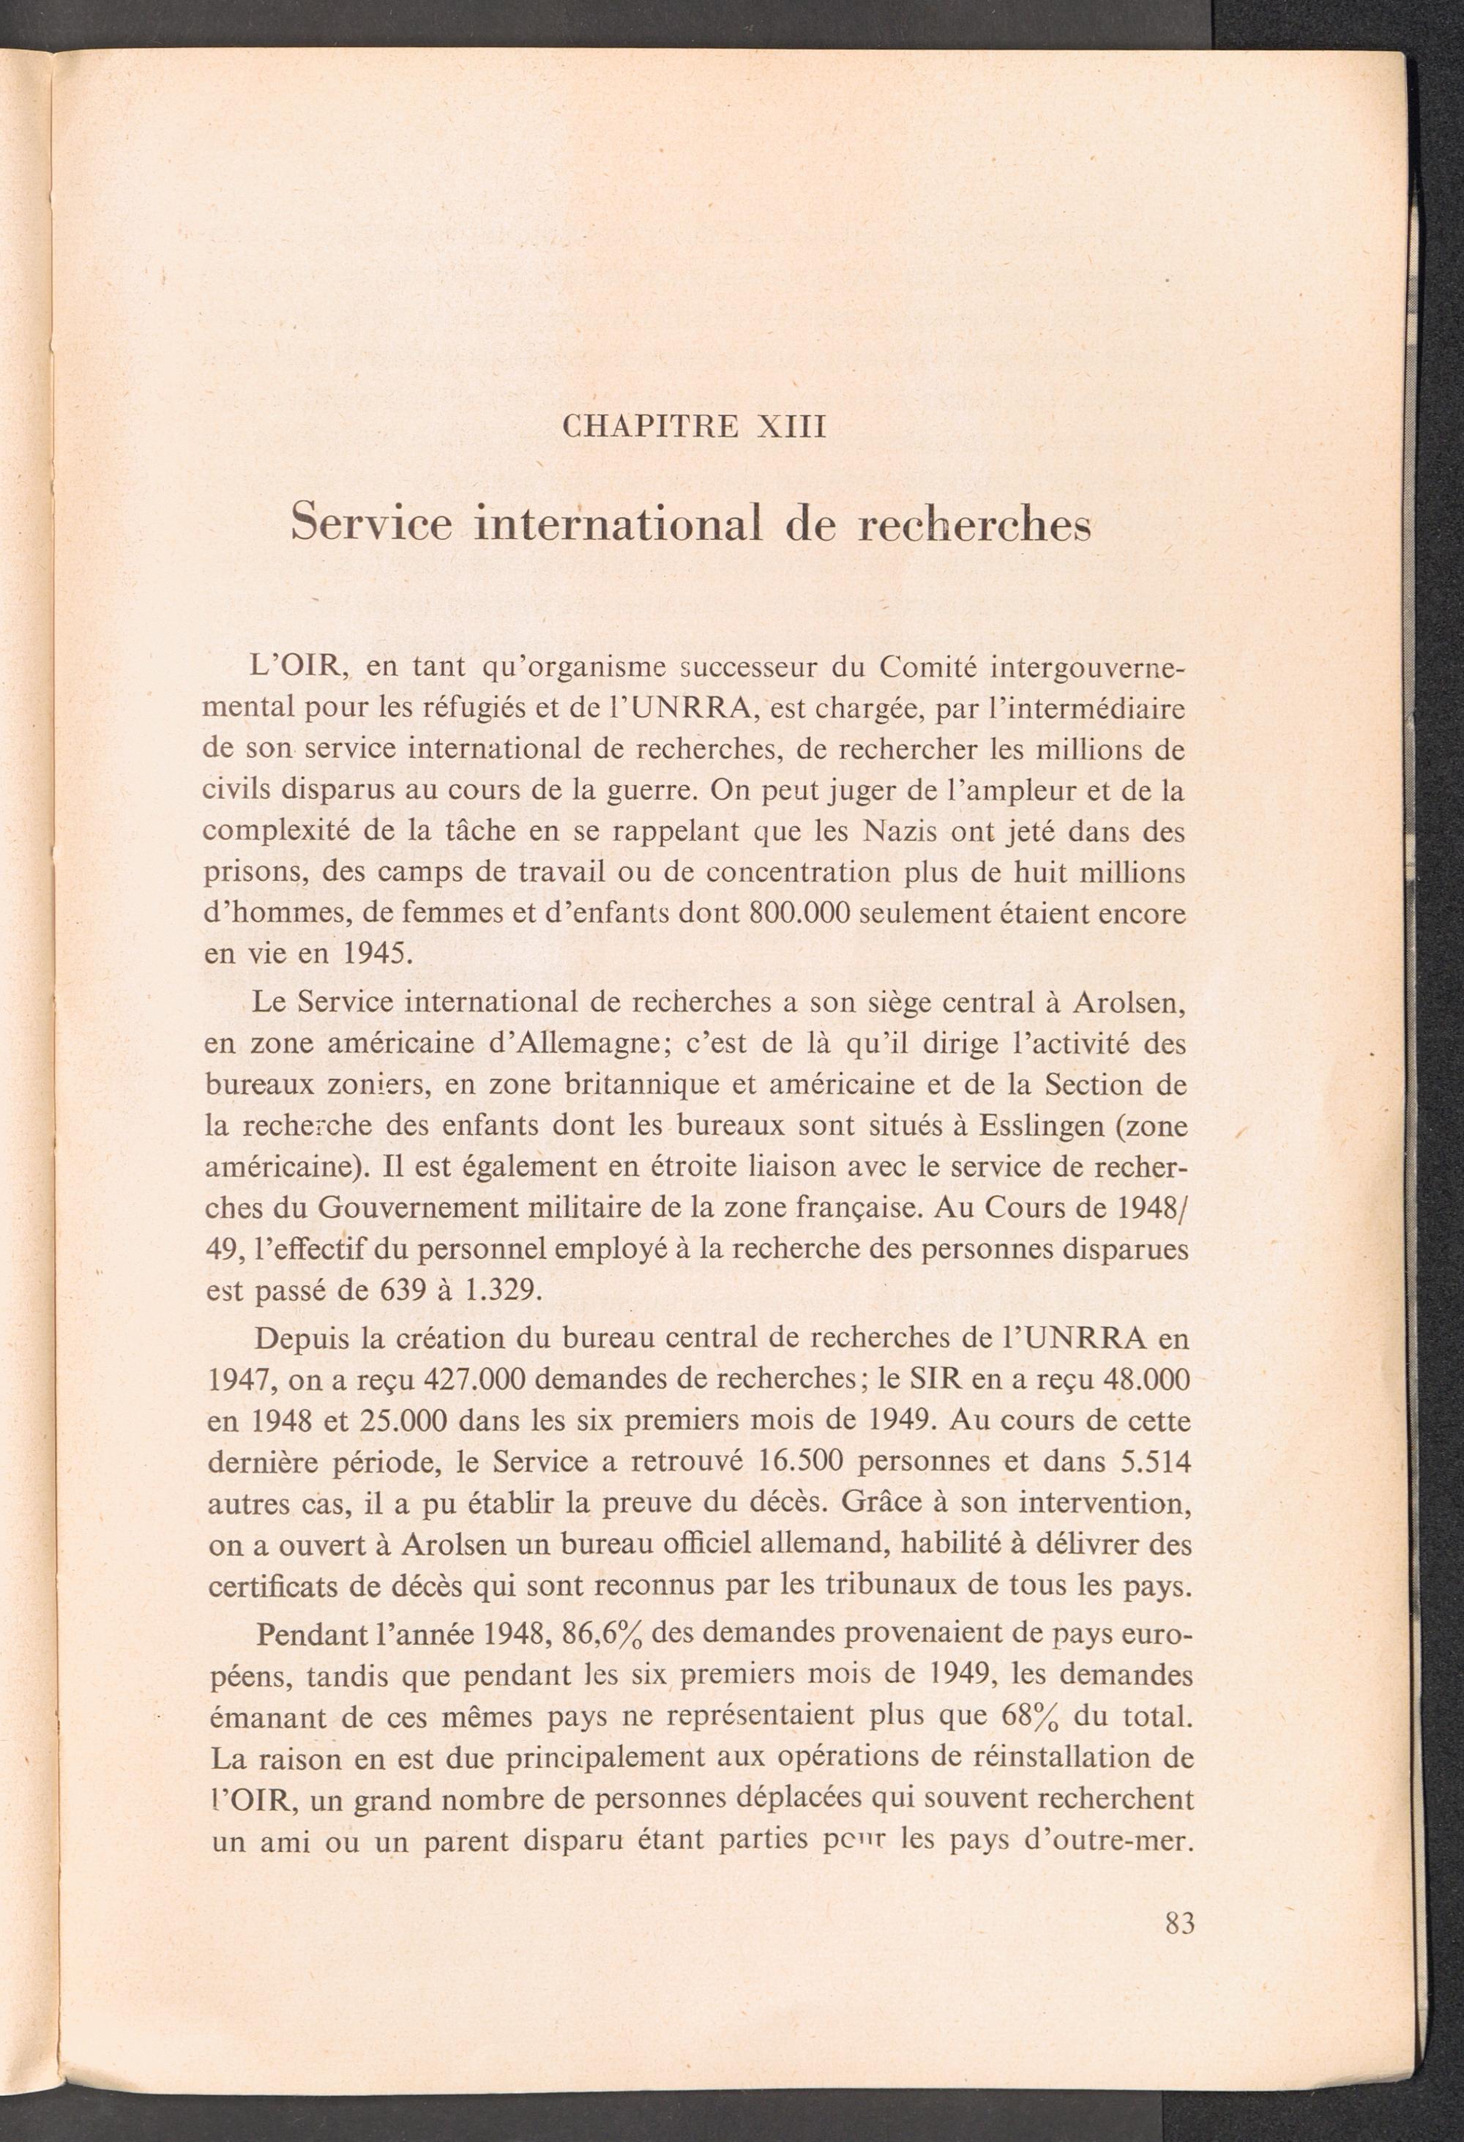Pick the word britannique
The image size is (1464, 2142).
tap(635, 1086)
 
